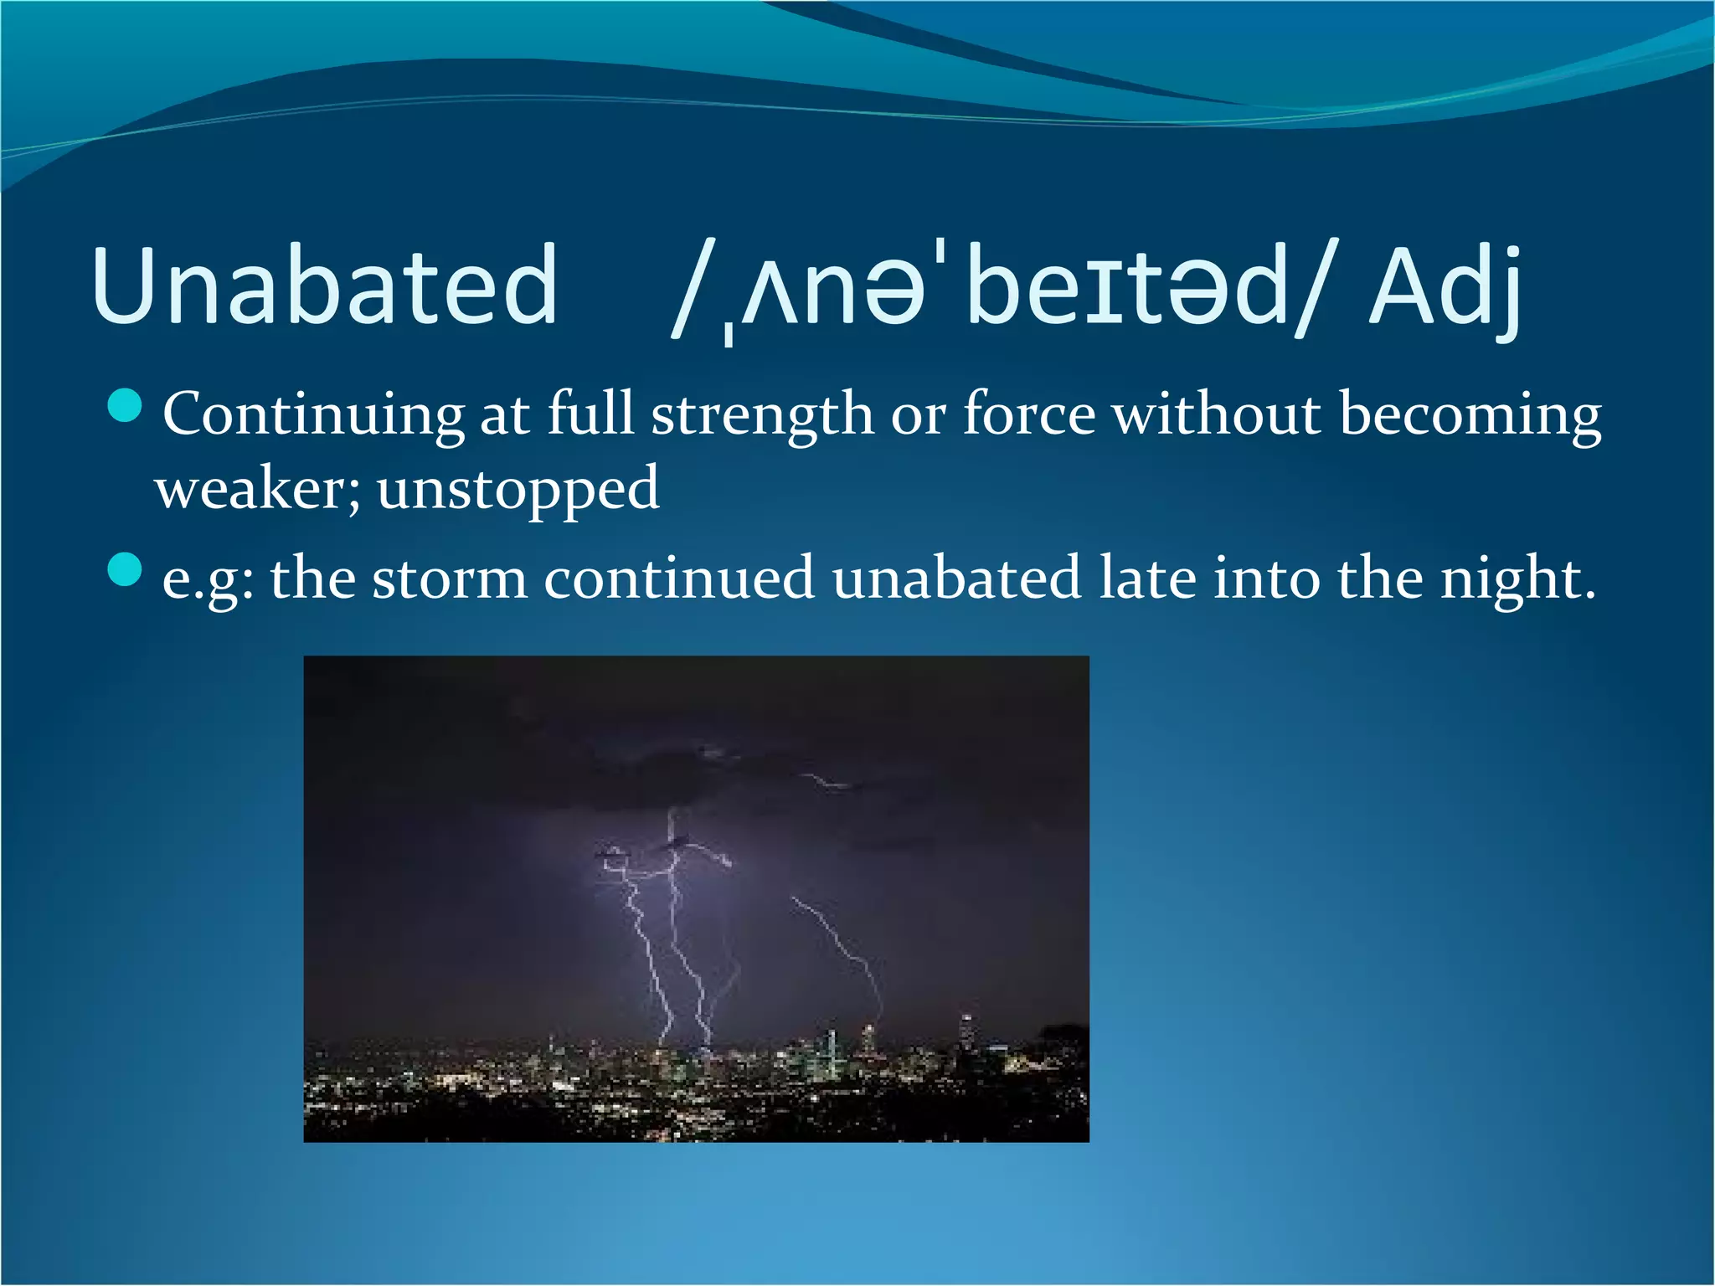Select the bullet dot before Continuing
(125, 406)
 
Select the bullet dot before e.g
(125, 570)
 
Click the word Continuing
(313, 414)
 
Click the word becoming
(1470, 414)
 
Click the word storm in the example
(450, 578)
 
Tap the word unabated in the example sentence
(956, 578)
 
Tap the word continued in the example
(678, 578)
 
